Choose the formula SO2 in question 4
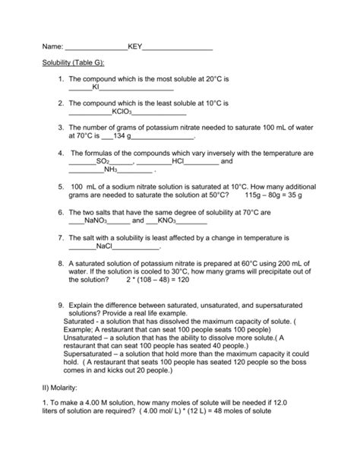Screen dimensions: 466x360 [x=103, y=161]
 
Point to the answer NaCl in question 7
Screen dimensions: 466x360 [x=104, y=246]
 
